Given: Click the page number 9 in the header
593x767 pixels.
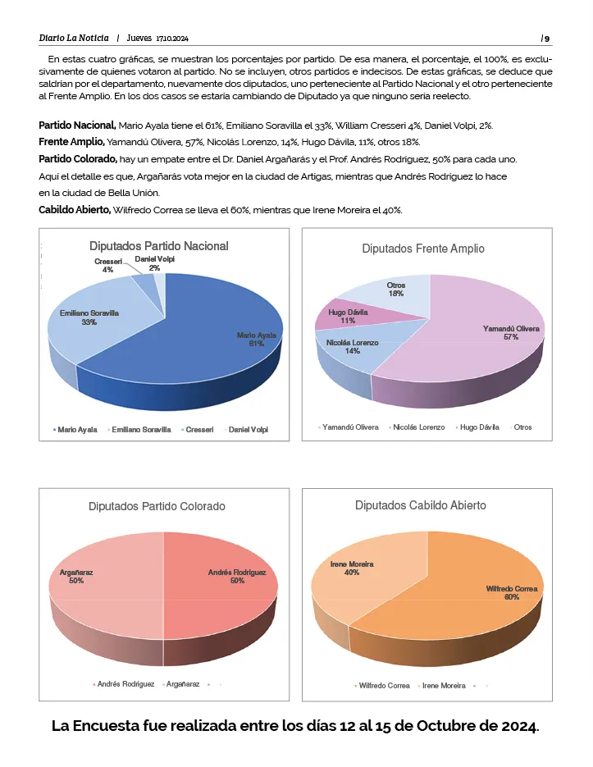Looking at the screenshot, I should pos(547,39).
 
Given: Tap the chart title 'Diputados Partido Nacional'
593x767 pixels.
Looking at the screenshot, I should pos(159,246).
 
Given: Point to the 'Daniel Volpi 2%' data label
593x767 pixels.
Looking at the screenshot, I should pos(154,263).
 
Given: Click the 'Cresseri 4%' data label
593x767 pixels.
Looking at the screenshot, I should pos(107,265).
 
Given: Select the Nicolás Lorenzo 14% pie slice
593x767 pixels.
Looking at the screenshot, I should pos(353,349).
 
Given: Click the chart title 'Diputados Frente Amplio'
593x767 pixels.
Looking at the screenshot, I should pos(423,249).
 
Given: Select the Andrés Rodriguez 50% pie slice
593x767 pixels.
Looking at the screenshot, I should pos(221,582).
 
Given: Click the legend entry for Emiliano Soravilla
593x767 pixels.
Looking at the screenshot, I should pos(141,429).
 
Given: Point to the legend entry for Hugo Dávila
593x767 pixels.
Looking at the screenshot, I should pos(479,427).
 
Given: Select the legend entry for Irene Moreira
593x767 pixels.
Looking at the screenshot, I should pos(443,686).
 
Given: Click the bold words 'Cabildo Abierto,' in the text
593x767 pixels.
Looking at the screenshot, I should pos(75,210).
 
